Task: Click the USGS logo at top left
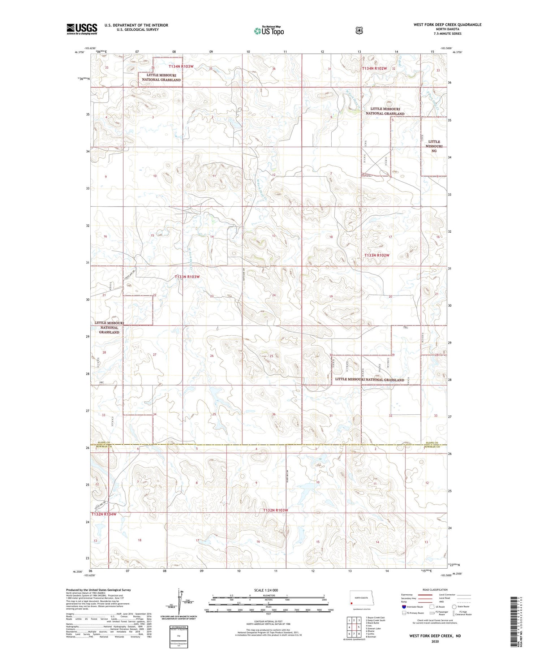82,29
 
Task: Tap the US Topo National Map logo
269,30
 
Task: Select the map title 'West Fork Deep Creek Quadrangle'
447,25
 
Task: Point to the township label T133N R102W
377,255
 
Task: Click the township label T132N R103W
275,510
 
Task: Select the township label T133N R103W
187,277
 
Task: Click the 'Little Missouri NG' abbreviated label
434,146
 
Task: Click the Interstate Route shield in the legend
404,607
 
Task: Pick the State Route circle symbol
454,607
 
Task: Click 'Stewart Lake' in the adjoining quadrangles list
374,628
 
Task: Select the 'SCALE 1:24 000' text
266,590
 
